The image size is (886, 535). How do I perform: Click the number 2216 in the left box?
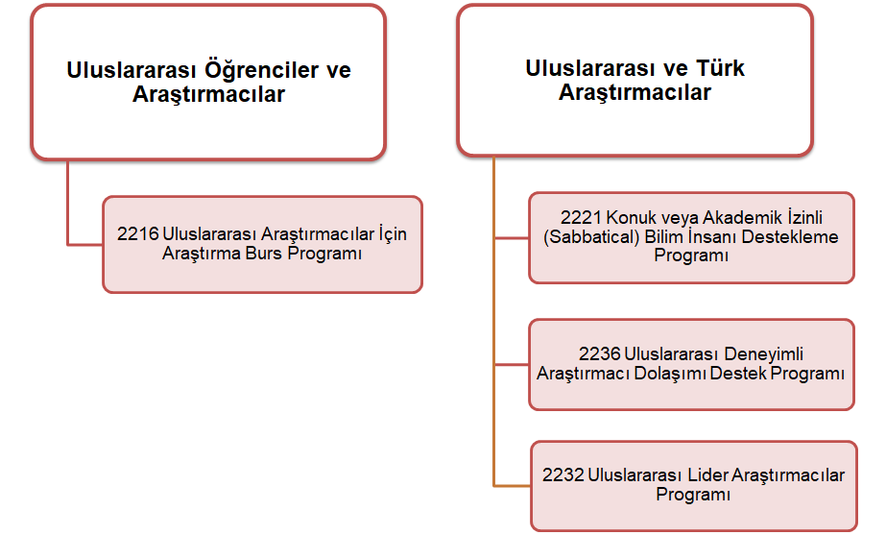pos(138,234)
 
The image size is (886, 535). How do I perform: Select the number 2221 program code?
pos(581,218)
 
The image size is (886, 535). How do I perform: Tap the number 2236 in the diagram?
pos(600,354)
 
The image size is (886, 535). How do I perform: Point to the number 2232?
pos(563,475)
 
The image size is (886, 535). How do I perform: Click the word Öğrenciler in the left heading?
pos(261,70)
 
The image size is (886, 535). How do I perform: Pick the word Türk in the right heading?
pos(720,68)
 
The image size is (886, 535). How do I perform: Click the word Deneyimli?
pos(763,354)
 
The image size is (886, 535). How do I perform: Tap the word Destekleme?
pos(790,237)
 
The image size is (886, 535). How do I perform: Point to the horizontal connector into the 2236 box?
pos(512,365)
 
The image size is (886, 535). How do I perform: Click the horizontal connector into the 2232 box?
pos(512,486)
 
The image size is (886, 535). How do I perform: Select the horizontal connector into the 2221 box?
pos(512,238)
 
